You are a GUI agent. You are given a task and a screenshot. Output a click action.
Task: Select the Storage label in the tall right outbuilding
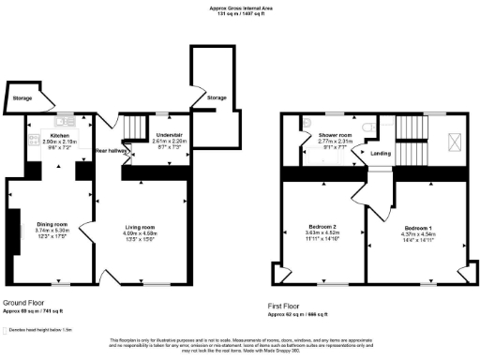[217, 97]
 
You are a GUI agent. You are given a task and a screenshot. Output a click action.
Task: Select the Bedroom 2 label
[323, 227]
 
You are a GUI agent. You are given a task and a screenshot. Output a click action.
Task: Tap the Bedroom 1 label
[419, 228]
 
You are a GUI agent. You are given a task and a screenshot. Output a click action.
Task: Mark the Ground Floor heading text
[24, 303]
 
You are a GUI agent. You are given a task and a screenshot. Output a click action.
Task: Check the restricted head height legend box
[5, 331]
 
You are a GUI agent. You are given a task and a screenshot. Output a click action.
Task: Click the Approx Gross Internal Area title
[240, 8]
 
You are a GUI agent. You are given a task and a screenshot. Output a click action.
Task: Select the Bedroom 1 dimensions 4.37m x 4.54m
[419, 233]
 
